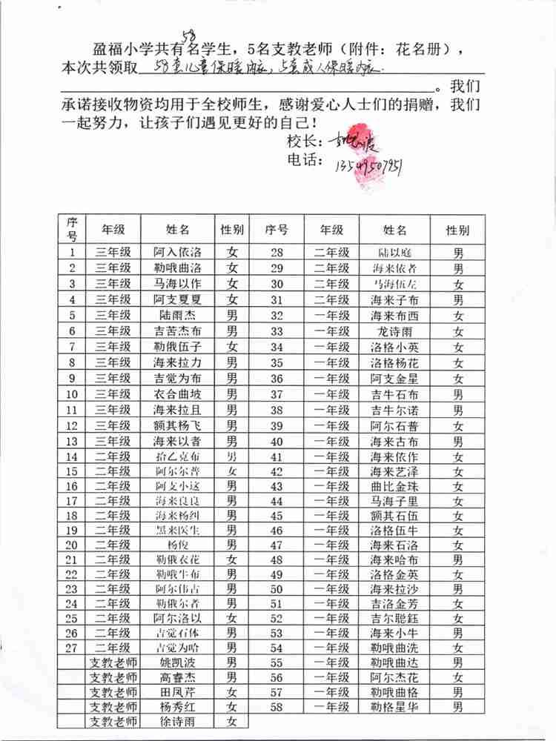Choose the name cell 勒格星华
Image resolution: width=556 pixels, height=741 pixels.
pyautogui.click(x=394, y=707)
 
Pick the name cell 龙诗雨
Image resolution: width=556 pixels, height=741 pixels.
pyautogui.click(x=394, y=331)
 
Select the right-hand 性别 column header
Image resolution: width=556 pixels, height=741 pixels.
pyautogui.click(x=457, y=230)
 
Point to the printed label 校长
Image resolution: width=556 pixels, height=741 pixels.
pyautogui.click(x=303, y=141)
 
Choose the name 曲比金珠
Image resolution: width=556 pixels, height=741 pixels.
pyautogui.click(x=394, y=486)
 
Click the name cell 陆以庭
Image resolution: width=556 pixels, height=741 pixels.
pyautogui.click(x=394, y=252)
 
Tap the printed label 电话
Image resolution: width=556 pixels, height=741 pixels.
pyautogui.click(x=303, y=160)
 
